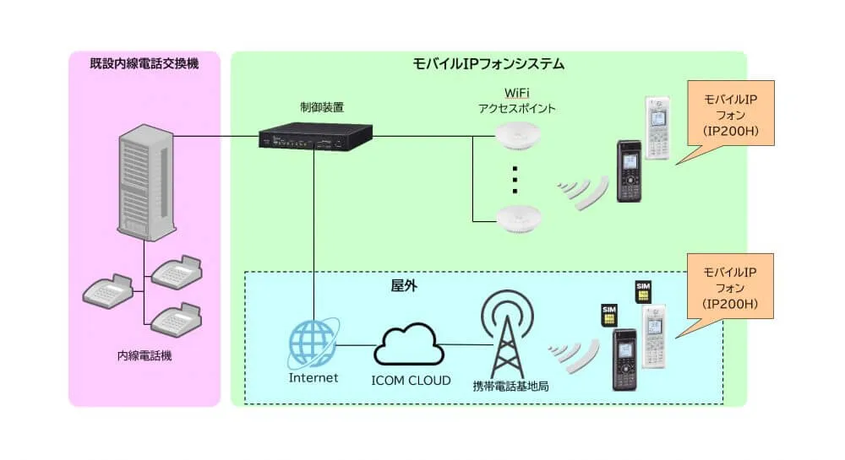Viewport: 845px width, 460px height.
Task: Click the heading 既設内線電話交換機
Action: pyautogui.click(x=144, y=63)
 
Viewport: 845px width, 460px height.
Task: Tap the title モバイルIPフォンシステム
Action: pyautogui.click(x=488, y=63)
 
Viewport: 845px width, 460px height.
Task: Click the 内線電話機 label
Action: pyautogui.click(x=144, y=356)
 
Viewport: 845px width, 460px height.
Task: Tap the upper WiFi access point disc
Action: pyautogui.click(x=518, y=135)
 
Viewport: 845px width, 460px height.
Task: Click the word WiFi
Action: pyautogui.click(x=516, y=92)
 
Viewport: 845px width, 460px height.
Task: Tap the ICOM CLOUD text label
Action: pyautogui.click(x=411, y=379)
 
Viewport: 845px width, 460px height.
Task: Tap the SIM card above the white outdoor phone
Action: pyautogui.click(x=643, y=291)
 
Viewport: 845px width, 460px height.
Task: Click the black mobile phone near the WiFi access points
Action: pyautogui.click(x=628, y=170)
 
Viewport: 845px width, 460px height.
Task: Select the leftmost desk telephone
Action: pyautogui.click(x=108, y=291)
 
